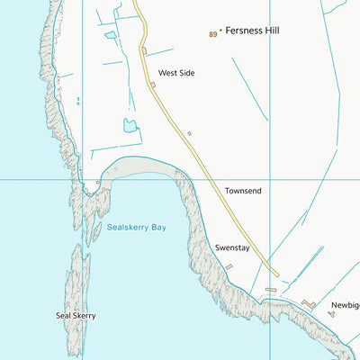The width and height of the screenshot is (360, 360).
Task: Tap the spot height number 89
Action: point(212,34)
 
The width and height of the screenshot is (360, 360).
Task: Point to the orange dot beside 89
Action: point(220,31)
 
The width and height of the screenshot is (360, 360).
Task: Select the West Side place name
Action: point(176,73)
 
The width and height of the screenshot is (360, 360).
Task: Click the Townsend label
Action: point(243,191)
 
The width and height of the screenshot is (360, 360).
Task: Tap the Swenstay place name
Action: point(231,246)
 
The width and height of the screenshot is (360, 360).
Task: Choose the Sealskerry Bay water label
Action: point(137,229)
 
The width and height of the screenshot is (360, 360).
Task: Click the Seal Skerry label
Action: point(76,316)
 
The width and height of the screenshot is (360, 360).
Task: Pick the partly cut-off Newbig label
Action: point(345,305)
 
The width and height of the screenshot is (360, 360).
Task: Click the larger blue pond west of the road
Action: point(130,125)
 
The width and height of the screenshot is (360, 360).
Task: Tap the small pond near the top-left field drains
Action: point(111,36)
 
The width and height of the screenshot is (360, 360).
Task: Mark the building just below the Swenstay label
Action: point(229,266)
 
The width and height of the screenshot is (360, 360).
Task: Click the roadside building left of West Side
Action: point(153,85)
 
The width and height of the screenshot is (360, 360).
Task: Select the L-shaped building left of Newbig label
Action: point(306,303)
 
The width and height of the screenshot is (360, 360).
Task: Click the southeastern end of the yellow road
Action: point(276,274)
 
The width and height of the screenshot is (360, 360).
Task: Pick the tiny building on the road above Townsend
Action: point(189,134)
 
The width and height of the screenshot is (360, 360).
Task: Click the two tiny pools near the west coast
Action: point(78,100)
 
